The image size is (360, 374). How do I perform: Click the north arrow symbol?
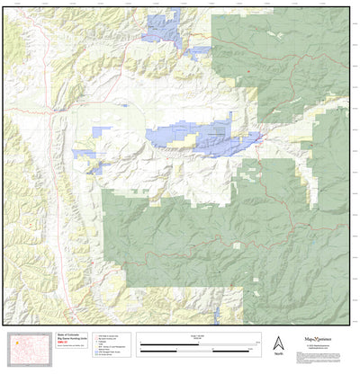tap(277, 343)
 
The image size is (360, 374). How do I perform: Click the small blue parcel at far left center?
tap(85, 154)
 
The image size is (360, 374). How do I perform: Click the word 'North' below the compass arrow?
tap(277, 355)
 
